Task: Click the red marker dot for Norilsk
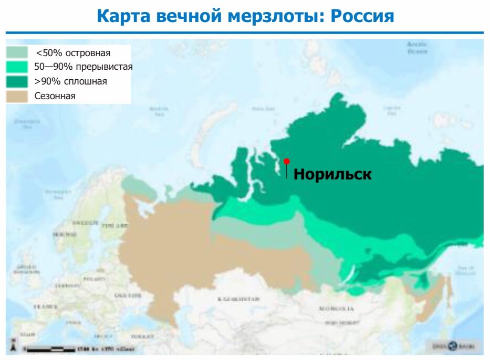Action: [x=286, y=162]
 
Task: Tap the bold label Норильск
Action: [x=332, y=174]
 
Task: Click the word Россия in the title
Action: [x=362, y=16]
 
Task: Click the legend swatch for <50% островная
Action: [x=17, y=52]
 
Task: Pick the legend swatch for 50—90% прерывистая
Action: [x=17, y=67]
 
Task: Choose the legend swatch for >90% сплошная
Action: [x=17, y=81]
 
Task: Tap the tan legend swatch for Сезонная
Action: [x=17, y=96]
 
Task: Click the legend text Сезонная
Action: [x=55, y=96]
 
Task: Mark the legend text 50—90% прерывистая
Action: [x=83, y=67]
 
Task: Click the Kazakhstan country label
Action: [x=239, y=299]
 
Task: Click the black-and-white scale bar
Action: [x=50, y=348]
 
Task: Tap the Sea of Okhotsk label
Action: [x=465, y=270]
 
